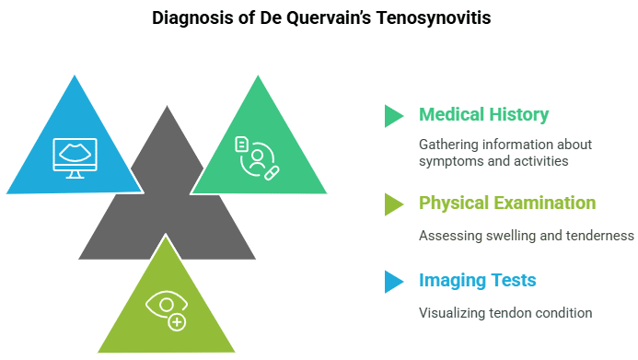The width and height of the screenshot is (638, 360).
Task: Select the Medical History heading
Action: pos(483,115)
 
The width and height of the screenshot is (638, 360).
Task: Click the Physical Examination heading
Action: pos(507,203)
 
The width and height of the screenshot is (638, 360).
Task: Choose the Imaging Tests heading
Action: pos(477,281)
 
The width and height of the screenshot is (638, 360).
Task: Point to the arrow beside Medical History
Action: pos(393,116)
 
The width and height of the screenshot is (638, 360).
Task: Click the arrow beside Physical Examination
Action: pos(393,203)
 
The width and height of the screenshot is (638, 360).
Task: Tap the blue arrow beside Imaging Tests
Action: pos(393,281)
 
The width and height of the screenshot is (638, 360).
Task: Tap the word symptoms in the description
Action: pos(453,161)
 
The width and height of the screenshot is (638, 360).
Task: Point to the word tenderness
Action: pos(602,235)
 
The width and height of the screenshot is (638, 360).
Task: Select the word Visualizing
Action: pos(454,312)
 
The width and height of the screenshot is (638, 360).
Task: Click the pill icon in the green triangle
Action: pos(272,172)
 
